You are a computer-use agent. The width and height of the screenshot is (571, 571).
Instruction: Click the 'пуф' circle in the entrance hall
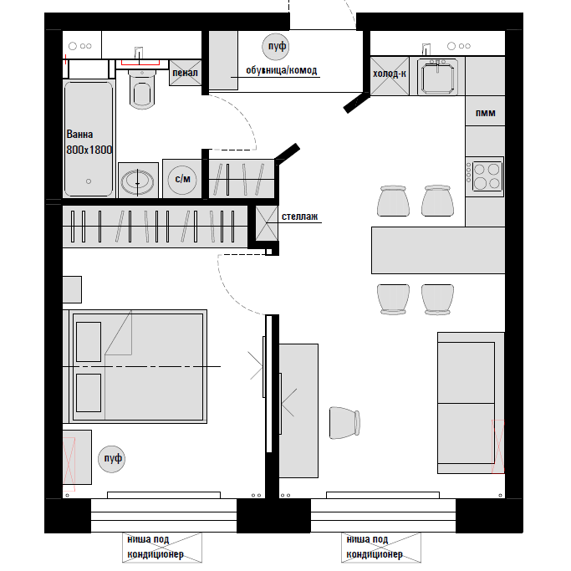point(276,46)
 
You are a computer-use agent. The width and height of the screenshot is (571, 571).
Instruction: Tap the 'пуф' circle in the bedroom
point(112,459)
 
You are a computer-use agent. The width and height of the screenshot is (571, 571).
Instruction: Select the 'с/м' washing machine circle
point(182,179)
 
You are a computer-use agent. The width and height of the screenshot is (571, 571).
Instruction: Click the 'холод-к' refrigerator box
point(390,76)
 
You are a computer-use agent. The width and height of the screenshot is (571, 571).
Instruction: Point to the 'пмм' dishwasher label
point(486,113)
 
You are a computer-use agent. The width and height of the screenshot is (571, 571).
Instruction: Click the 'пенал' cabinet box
point(185,73)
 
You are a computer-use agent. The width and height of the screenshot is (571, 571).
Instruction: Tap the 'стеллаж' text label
point(299,217)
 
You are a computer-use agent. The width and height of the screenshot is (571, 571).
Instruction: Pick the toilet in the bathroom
point(142,89)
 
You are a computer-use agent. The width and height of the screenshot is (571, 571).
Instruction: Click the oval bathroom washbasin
point(137,181)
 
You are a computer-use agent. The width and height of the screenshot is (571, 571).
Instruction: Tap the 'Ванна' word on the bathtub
point(79,135)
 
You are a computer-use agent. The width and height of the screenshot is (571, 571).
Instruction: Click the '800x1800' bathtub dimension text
point(89,150)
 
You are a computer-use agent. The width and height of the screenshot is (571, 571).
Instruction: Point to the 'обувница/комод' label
point(282,70)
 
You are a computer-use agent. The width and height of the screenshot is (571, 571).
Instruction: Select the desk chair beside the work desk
point(344,422)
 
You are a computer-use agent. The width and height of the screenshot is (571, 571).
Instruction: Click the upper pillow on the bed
point(89,342)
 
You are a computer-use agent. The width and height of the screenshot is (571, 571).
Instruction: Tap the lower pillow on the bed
point(89,393)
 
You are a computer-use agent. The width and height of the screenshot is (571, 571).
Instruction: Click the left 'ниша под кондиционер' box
point(161,548)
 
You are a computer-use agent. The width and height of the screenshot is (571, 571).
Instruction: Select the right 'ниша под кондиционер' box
point(381,548)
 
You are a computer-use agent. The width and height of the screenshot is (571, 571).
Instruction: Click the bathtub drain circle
point(89,181)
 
